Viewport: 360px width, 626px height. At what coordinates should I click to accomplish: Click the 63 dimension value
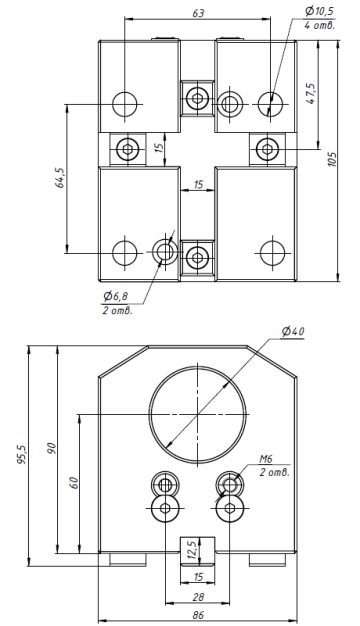point(198,13)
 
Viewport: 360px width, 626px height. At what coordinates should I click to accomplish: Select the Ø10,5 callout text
point(319,12)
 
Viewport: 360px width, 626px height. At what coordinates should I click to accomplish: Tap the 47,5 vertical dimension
point(311,93)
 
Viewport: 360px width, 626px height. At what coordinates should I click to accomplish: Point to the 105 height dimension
point(332,159)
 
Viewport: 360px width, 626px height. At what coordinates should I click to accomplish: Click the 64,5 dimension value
point(60,178)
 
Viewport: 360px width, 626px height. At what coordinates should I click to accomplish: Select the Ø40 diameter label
point(293,331)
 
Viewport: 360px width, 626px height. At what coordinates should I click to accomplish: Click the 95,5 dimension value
point(22,454)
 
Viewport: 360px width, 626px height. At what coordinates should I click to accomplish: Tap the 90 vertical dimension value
point(52,448)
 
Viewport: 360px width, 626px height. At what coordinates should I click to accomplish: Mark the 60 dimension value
point(75,483)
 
